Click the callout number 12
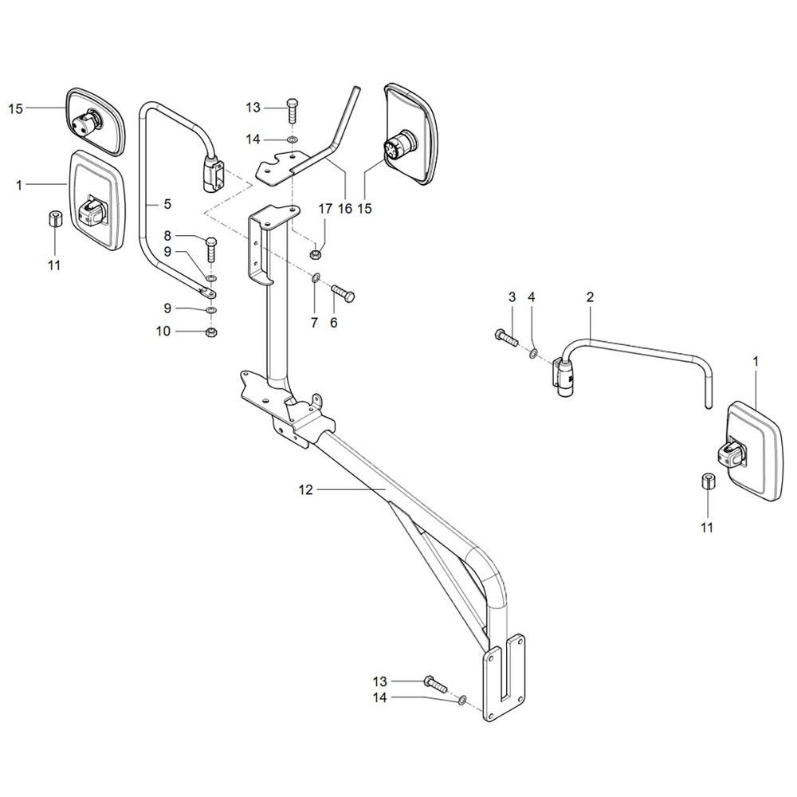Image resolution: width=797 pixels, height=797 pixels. click(x=306, y=490)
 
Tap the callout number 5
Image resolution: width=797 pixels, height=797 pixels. click(x=167, y=204)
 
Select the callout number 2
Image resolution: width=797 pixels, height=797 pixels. click(x=590, y=296)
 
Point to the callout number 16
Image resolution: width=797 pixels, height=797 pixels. click(x=345, y=208)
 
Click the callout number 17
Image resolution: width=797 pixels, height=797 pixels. click(x=325, y=208)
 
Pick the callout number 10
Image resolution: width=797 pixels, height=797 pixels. click(x=163, y=332)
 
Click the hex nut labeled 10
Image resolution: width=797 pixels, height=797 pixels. click(x=211, y=333)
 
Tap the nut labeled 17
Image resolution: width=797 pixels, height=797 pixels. click(x=315, y=252)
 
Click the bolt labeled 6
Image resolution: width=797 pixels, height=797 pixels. click(x=344, y=294)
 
